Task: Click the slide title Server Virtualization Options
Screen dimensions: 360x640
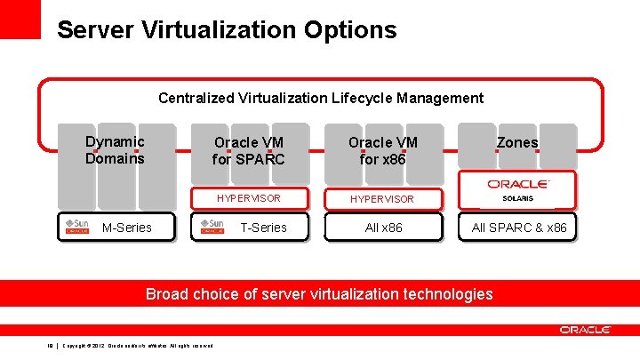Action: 227,30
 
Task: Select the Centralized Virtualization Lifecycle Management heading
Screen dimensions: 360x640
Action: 321,98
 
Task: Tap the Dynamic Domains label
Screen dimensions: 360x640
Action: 115,150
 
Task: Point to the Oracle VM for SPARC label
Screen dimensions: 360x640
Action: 249,151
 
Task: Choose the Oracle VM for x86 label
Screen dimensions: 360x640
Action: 382,151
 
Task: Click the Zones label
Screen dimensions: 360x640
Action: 517,142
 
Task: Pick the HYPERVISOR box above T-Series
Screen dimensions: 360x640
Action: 249,198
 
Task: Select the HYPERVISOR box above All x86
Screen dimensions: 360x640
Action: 382,198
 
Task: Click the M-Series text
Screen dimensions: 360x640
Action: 127,228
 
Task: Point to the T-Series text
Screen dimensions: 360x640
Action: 264,228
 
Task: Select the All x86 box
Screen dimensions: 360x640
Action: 384,228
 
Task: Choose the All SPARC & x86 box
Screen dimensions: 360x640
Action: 519,228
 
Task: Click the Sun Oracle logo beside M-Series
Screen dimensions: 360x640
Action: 76,227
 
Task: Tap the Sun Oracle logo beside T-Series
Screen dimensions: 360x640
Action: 212,227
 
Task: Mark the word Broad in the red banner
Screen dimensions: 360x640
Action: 166,293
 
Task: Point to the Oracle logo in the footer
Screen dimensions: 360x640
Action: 585,330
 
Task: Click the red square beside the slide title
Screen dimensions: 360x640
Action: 20,19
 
